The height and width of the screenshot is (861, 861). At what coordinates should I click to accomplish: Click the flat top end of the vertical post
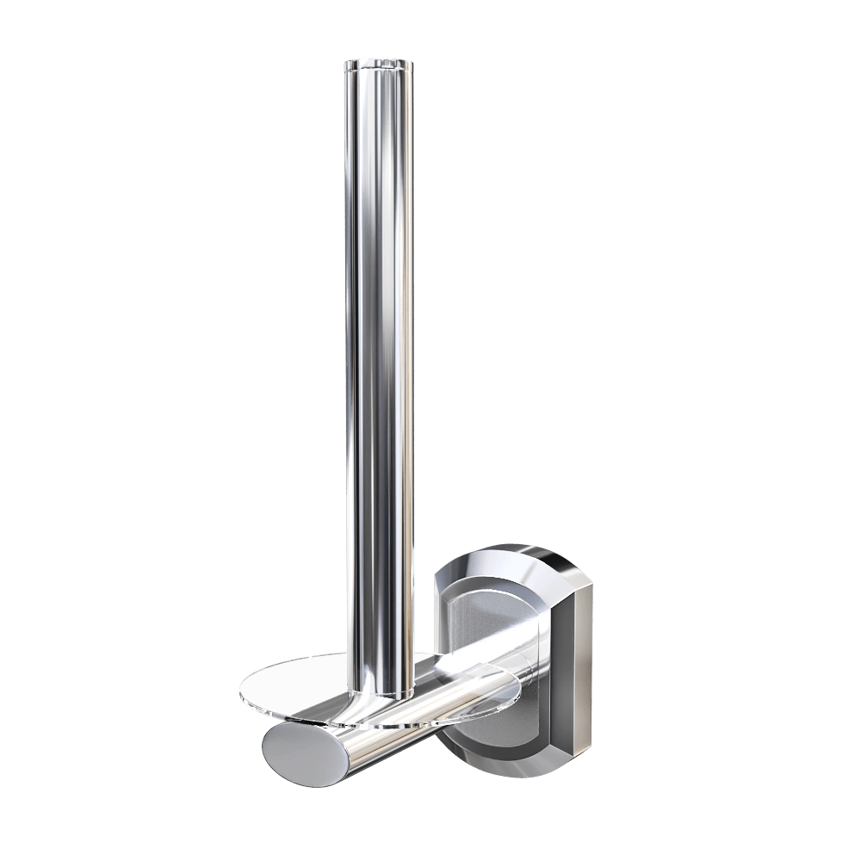point(378,61)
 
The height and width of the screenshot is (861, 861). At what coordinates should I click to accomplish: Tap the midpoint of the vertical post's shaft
point(378,370)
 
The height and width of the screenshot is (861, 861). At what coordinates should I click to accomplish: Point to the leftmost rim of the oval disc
point(239,689)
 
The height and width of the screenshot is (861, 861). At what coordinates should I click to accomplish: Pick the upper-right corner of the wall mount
point(590,579)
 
